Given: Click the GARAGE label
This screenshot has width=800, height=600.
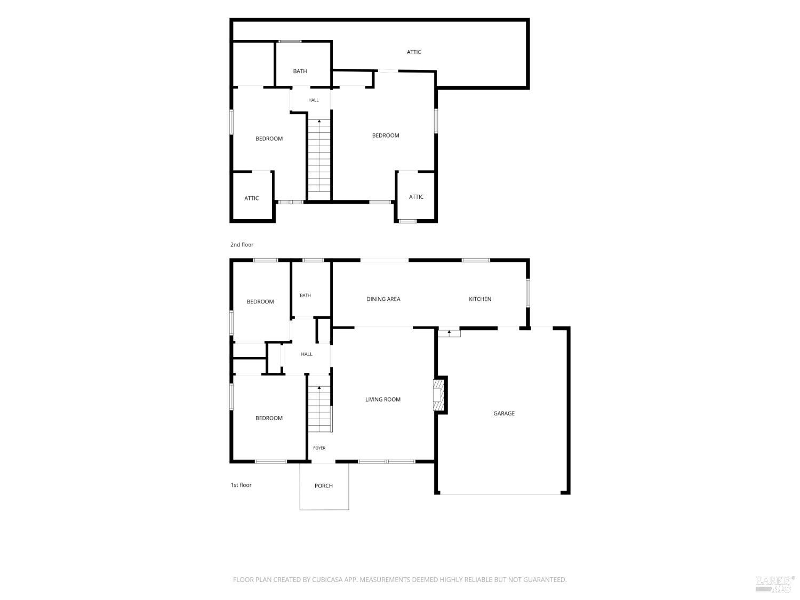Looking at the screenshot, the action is pyautogui.click(x=503, y=413).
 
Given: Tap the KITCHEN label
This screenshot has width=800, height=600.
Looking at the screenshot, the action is pyautogui.click(x=479, y=299).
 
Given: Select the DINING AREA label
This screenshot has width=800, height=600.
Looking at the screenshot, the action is pyautogui.click(x=383, y=299).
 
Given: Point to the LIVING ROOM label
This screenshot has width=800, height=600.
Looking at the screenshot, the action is pyautogui.click(x=383, y=399).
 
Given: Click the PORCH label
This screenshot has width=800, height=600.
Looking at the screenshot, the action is pyautogui.click(x=323, y=486).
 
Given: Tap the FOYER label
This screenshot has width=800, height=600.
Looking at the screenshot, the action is pyautogui.click(x=319, y=448).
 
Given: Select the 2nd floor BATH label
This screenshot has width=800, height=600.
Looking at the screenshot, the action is pyautogui.click(x=300, y=71).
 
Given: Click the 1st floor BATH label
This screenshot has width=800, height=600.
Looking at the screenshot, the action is pyautogui.click(x=306, y=295).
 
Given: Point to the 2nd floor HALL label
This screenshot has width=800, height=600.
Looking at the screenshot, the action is pyautogui.click(x=314, y=100).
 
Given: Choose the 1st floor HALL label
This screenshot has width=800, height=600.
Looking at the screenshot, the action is pyautogui.click(x=307, y=354).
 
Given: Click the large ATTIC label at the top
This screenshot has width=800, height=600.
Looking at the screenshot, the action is pyautogui.click(x=414, y=52).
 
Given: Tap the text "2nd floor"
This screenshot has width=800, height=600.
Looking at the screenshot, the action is pyautogui.click(x=242, y=245).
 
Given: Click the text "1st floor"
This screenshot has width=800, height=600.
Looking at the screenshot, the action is pyautogui.click(x=241, y=485).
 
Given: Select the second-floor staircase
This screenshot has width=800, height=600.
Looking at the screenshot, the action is pyautogui.click(x=319, y=159).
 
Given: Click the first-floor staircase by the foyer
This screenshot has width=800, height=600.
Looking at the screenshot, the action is pyautogui.click(x=319, y=409).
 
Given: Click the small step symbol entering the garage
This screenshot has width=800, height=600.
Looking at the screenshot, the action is pyautogui.click(x=449, y=333).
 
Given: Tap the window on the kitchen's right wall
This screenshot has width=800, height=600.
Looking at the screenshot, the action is pyautogui.click(x=527, y=293).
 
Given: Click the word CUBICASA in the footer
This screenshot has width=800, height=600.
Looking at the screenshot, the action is pyautogui.click(x=327, y=580).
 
